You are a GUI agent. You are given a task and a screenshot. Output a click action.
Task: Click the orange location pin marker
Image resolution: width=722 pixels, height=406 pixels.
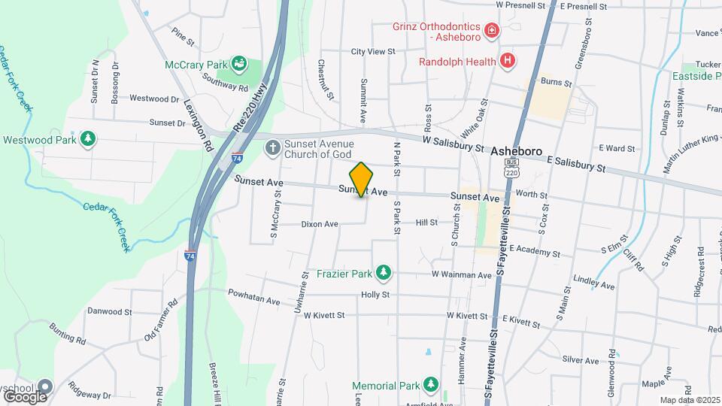pyautogui.click(x=362, y=179)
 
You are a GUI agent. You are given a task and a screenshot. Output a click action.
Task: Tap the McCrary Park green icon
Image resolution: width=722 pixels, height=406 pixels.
pyautogui.click(x=239, y=63)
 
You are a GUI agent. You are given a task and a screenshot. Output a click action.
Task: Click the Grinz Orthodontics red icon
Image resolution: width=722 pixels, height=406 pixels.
pyautogui.click(x=492, y=30)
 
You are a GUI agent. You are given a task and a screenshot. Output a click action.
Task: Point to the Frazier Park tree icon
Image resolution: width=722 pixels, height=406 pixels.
pyautogui.click(x=384, y=271)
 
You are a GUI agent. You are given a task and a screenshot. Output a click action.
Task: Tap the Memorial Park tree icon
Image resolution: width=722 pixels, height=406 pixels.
pyautogui.click(x=430, y=385)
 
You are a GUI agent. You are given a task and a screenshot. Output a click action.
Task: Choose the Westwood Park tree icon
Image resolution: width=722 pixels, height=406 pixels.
pyautogui.click(x=89, y=139)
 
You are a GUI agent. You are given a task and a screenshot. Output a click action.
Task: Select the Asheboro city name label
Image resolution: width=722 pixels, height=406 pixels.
pyautogui.click(x=516, y=151)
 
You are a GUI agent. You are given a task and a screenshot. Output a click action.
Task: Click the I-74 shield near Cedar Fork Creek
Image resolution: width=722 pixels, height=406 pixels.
pyautogui.click(x=190, y=256)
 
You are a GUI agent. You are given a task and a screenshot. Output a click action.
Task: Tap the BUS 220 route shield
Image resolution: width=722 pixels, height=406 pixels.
pyautogui.click(x=512, y=167)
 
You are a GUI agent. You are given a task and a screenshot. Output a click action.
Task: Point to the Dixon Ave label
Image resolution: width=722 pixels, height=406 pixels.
pyautogui.click(x=320, y=223)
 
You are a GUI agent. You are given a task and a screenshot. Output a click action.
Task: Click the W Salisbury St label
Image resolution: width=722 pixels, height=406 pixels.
pyautogui.click(x=453, y=144)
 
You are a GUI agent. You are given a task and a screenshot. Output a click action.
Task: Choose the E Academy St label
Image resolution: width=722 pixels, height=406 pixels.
pyautogui.click(x=536, y=248)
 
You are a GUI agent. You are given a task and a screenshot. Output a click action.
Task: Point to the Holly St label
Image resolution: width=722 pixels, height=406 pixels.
pyautogui.click(x=375, y=295)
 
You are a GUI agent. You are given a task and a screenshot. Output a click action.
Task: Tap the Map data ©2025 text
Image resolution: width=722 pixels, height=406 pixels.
pyautogui.click(x=689, y=400)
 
